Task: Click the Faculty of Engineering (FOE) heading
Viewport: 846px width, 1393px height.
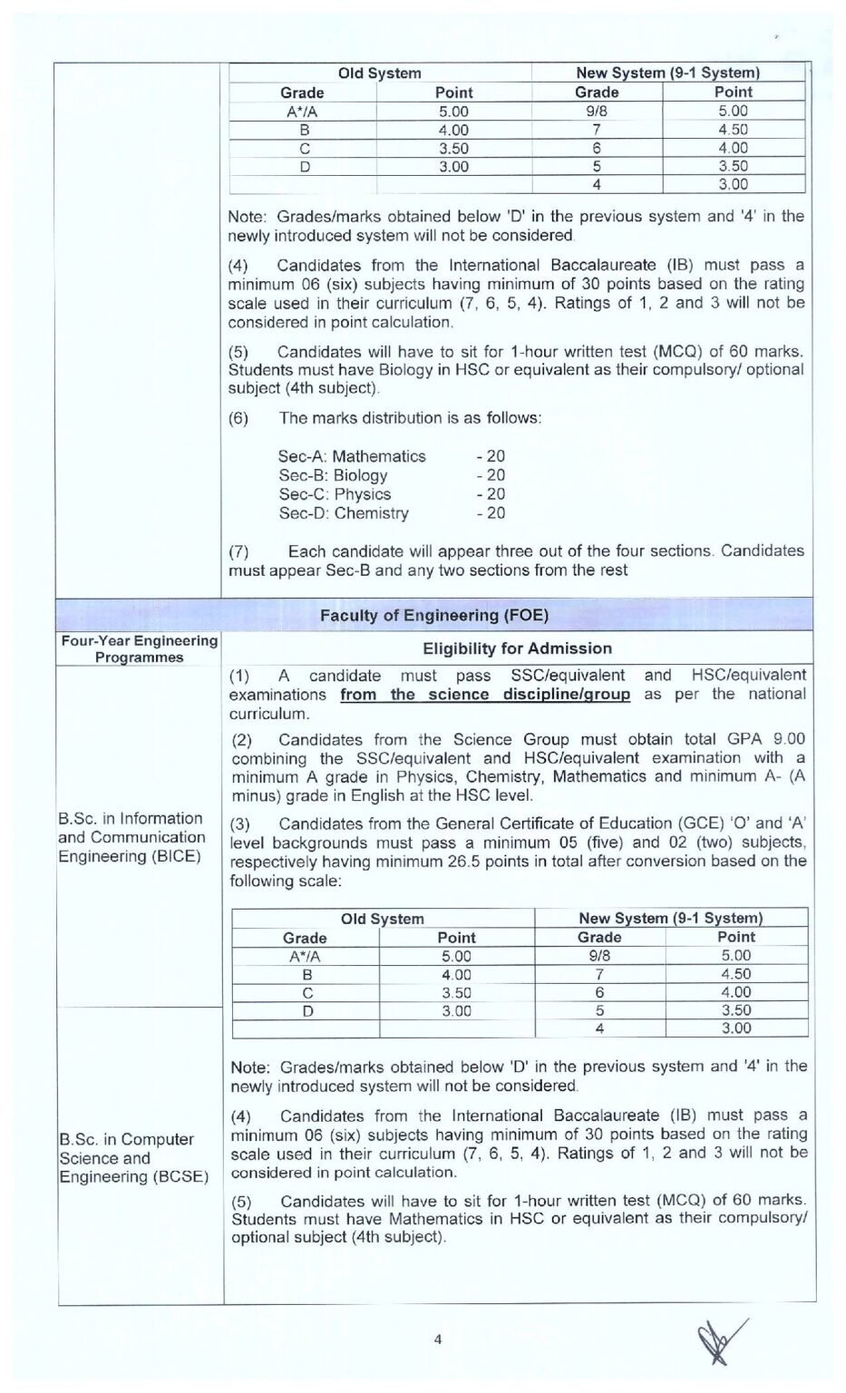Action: tap(433, 615)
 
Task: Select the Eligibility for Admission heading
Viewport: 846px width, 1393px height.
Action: tap(517, 648)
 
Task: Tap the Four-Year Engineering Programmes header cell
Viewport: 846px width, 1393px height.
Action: tap(139, 648)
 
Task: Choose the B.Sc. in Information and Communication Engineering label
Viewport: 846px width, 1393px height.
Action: tap(131, 837)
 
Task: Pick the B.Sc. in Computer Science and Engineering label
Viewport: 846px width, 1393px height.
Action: tap(133, 1157)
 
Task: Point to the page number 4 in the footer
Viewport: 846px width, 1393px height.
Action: tap(438, 1339)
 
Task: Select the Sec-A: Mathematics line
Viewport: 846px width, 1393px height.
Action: tap(352, 456)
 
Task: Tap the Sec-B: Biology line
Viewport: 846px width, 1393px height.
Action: tap(333, 475)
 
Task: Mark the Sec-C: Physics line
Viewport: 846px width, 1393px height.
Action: tap(335, 494)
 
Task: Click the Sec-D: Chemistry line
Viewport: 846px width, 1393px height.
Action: tap(344, 513)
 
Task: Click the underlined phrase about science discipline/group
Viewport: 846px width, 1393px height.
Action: tap(485, 695)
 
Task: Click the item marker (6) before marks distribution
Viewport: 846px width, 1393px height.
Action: tap(238, 418)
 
